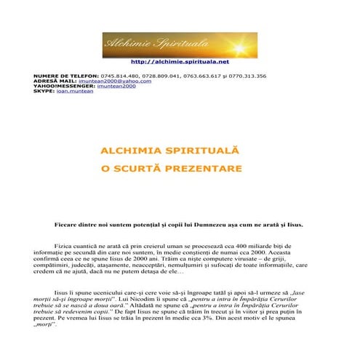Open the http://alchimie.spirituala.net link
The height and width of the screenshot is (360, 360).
[180, 63]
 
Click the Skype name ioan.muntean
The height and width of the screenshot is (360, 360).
[76, 92]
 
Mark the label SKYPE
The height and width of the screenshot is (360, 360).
[44, 92]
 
